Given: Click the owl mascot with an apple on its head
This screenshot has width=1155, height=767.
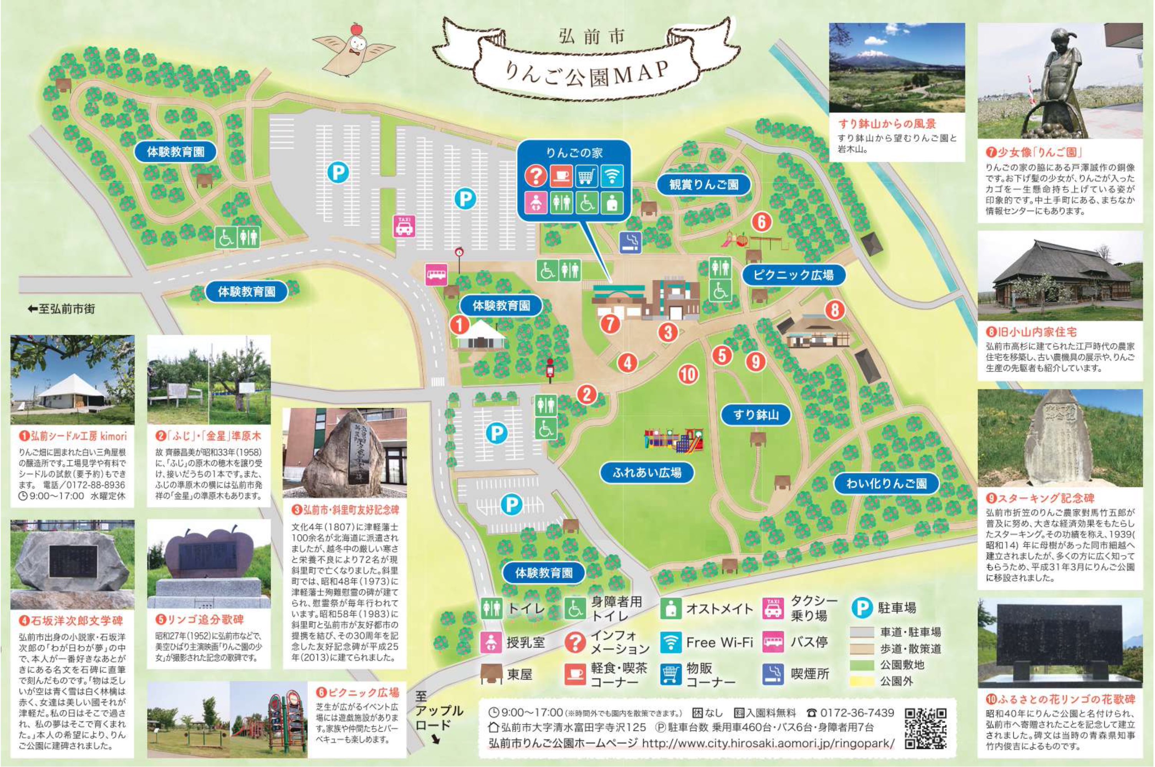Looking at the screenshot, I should (354, 47).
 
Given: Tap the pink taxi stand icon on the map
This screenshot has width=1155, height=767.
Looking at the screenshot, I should (404, 226).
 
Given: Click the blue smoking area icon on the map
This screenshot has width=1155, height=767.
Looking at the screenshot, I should (630, 242).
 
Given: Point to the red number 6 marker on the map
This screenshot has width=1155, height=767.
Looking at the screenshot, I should (761, 222).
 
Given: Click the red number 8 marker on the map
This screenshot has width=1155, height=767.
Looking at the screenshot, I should (835, 310).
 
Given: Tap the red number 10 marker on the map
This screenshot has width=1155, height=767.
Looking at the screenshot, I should (688, 375).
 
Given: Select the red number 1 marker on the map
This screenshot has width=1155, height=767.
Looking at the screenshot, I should (460, 324).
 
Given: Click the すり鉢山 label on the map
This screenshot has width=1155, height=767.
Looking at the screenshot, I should (756, 415).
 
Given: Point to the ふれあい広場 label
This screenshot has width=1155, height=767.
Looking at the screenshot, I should (647, 473).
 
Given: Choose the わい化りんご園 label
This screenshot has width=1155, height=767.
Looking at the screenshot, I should (886, 484).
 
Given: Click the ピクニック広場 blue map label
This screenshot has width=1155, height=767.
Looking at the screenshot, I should (793, 275).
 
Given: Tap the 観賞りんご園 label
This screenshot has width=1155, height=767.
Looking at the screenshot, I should (703, 184).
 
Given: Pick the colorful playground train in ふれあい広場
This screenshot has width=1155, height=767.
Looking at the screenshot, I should (673, 440).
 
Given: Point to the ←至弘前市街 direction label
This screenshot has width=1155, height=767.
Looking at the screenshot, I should (61, 309).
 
